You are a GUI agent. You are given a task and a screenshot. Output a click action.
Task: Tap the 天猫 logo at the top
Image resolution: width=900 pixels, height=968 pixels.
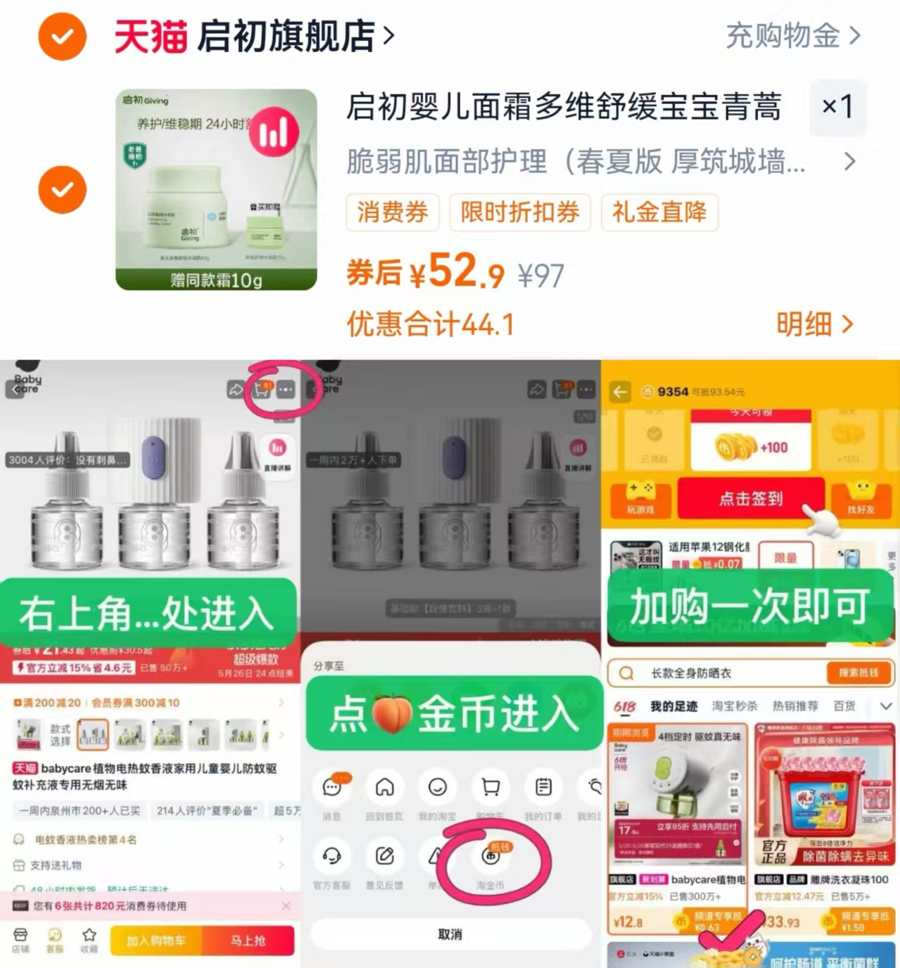click(x=151, y=37)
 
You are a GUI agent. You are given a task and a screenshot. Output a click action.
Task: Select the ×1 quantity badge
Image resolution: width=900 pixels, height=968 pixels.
click(x=837, y=107)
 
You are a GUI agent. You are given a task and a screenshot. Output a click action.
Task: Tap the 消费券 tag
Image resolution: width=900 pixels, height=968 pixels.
click(x=393, y=212)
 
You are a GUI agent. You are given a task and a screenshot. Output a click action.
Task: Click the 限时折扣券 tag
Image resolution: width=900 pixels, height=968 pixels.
click(x=520, y=212)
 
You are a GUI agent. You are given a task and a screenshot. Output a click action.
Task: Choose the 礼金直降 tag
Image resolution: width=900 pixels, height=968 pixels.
click(x=659, y=212)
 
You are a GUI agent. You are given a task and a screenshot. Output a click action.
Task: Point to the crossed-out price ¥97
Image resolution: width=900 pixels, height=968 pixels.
click(x=540, y=276)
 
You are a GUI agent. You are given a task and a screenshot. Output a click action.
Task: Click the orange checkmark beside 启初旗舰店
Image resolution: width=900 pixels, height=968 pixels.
click(x=62, y=37)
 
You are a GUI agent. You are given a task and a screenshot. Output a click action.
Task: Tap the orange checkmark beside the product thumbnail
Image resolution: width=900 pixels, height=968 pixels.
click(x=62, y=190)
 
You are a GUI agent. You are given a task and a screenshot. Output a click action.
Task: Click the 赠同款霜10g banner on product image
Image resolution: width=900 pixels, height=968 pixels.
click(x=216, y=280)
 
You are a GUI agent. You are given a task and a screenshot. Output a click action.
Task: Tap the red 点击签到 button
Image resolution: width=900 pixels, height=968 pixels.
click(x=750, y=499)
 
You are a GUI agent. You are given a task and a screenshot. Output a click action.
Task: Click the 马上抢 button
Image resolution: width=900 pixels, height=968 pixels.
click(x=248, y=941)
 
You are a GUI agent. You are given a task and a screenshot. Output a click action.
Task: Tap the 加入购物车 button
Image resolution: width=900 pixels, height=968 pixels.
click(x=156, y=941)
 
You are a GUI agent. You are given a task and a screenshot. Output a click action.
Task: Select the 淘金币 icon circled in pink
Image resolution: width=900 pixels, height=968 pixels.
click(x=490, y=857)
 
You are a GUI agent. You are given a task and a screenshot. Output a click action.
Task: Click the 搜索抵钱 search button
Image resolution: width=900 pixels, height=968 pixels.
click(x=858, y=673)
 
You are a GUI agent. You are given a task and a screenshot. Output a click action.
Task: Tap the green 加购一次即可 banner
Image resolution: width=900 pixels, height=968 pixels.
click(x=749, y=606)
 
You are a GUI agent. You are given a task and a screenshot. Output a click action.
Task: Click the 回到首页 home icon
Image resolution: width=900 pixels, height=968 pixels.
click(x=384, y=788)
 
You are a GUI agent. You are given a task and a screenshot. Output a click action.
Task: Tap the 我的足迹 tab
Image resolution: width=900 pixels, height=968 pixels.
click(x=673, y=706)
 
